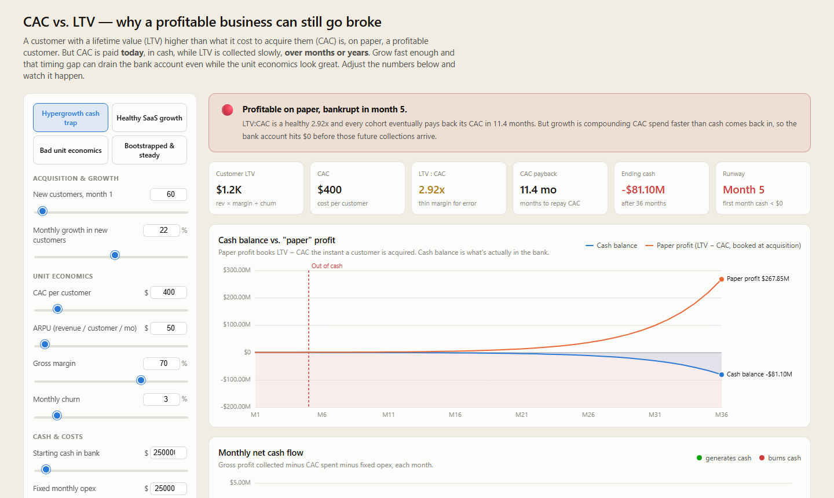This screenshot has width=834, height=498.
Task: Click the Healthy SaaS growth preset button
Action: point(149,118)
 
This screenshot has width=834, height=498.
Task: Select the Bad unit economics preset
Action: point(71,150)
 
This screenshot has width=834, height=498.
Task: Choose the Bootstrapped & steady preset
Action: point(149,150)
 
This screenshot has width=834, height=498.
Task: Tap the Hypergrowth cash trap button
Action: point(71,118)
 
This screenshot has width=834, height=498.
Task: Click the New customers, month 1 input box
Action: point(169,195)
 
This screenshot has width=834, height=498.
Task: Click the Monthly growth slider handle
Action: point(115,255)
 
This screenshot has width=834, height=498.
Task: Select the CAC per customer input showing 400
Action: point(169,292)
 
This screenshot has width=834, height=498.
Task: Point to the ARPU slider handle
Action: point(45,345)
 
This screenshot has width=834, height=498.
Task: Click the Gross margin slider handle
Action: point(141,380)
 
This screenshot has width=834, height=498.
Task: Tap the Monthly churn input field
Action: point(162,400)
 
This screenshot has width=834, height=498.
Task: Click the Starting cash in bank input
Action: point(169,453)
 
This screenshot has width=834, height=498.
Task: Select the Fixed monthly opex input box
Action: point(169,488)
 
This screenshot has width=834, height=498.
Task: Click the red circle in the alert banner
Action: point(228,110)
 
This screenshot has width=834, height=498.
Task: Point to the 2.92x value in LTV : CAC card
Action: point(431,190)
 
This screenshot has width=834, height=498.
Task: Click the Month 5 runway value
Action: point(744,190)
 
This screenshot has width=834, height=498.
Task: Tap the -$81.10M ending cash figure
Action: point(643,190)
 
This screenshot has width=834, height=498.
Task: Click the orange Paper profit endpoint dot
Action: point(722,279)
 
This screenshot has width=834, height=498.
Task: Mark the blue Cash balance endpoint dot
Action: point(722,375)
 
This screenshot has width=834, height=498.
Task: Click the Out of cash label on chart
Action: point(327,266)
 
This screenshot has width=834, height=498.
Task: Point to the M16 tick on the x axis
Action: point(455,415)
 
